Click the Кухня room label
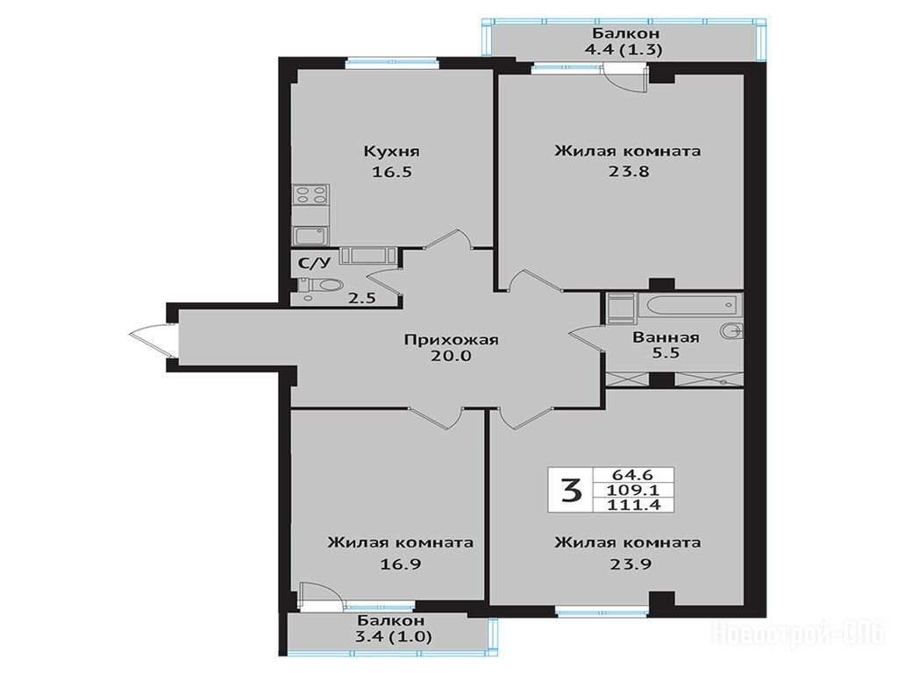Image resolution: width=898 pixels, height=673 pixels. [x=392, y=152]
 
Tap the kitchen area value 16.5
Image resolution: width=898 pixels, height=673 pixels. [x=392, y=172]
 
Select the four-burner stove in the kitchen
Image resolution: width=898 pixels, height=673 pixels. [x=310, y=195]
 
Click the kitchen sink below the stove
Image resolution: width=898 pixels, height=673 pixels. [x=310, y=236]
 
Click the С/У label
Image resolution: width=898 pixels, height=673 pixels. [x=315, y=263]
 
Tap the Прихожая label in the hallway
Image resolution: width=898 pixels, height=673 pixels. [x=452, y=339]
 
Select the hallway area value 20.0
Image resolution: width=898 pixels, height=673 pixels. [x=452, y=356]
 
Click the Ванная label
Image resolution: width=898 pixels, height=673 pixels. [x=666, y=337]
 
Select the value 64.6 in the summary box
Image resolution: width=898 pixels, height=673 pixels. [x=633, y=475]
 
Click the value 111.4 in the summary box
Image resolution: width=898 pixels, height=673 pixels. [x=633, y=504]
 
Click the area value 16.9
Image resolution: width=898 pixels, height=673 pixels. [x=401, y=564]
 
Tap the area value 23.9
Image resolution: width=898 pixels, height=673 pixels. [x=630, y=564]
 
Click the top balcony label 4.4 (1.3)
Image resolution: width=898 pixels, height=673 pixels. [x=624, y=50]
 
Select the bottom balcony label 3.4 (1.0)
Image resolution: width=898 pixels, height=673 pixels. [x=394, y=636]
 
